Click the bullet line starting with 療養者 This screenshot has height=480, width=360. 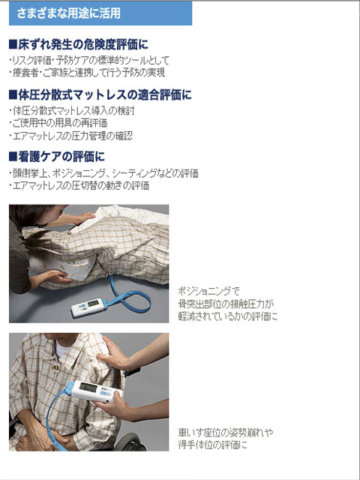(88, 73)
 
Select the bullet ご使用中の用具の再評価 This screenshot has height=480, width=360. (60, 123)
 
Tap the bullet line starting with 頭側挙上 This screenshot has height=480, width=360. (105, 173)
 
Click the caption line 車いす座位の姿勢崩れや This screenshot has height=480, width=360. (226, 431)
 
